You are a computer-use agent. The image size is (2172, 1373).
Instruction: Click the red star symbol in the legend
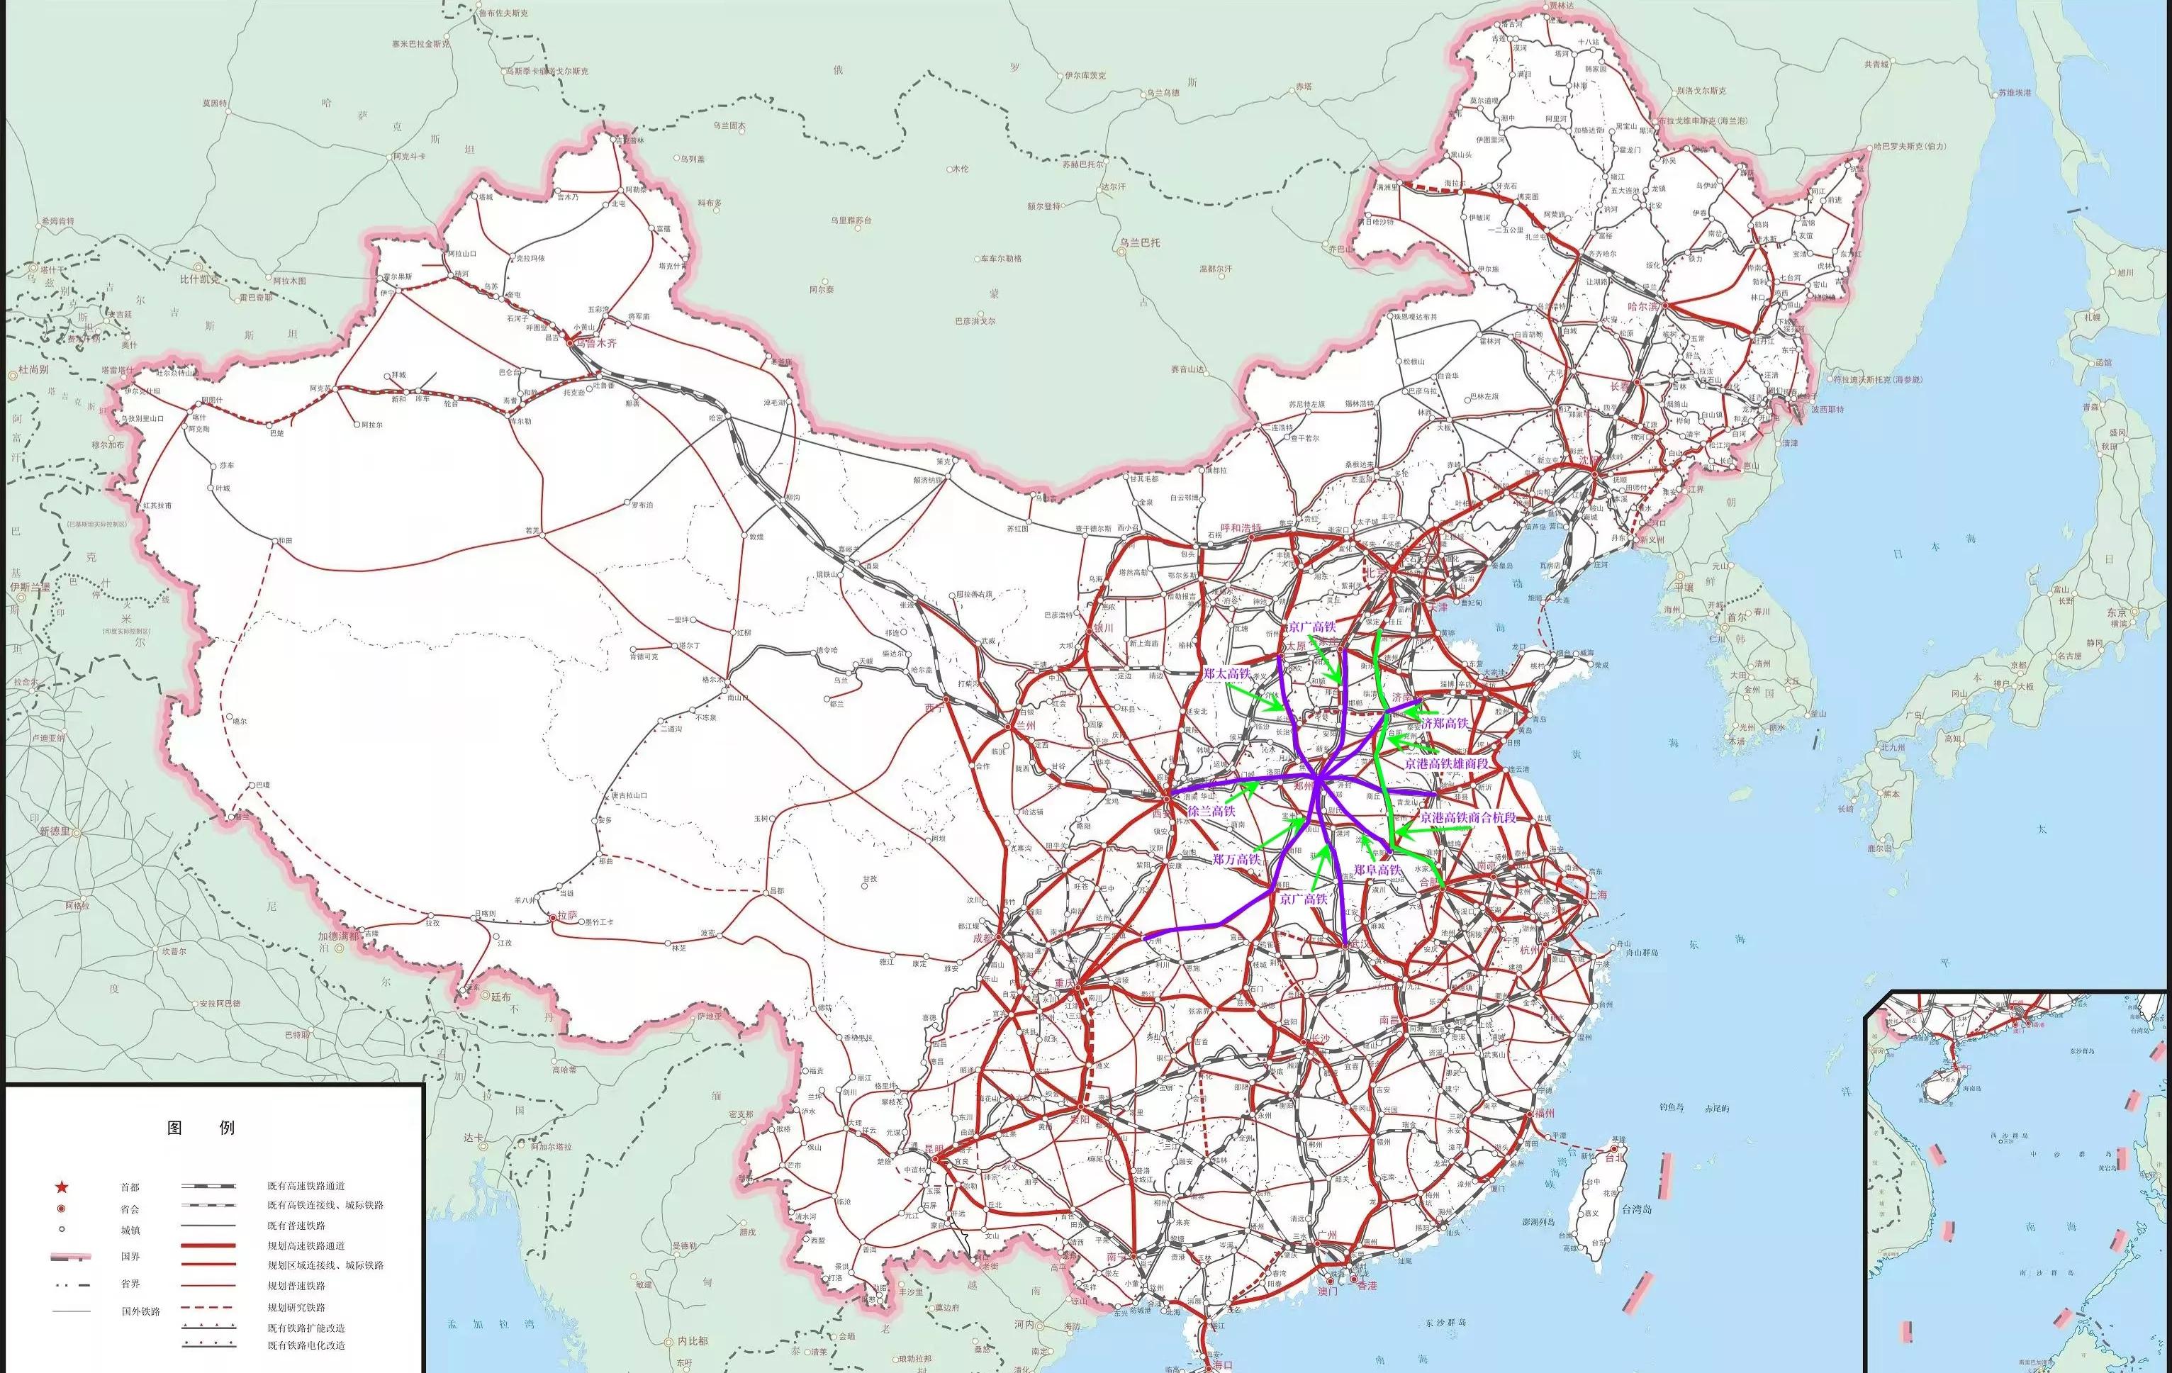tap(62, 1187)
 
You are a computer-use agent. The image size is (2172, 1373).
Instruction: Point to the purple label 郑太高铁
tap(1226, 674)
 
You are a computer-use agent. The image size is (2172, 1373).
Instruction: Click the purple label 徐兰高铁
tap(1211, 812)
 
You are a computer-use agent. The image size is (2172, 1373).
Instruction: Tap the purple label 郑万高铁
tap(1236, 860)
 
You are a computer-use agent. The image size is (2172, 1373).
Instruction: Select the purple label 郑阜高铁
tap(1377, 870)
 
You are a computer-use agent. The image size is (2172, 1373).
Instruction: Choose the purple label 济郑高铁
tap(1445, 722)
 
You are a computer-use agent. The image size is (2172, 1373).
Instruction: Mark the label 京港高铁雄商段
tap(1446, 763)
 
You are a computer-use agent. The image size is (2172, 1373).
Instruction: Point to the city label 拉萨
tap(566, 917)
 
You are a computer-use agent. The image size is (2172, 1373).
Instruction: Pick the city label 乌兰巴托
tap(1140, 242)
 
